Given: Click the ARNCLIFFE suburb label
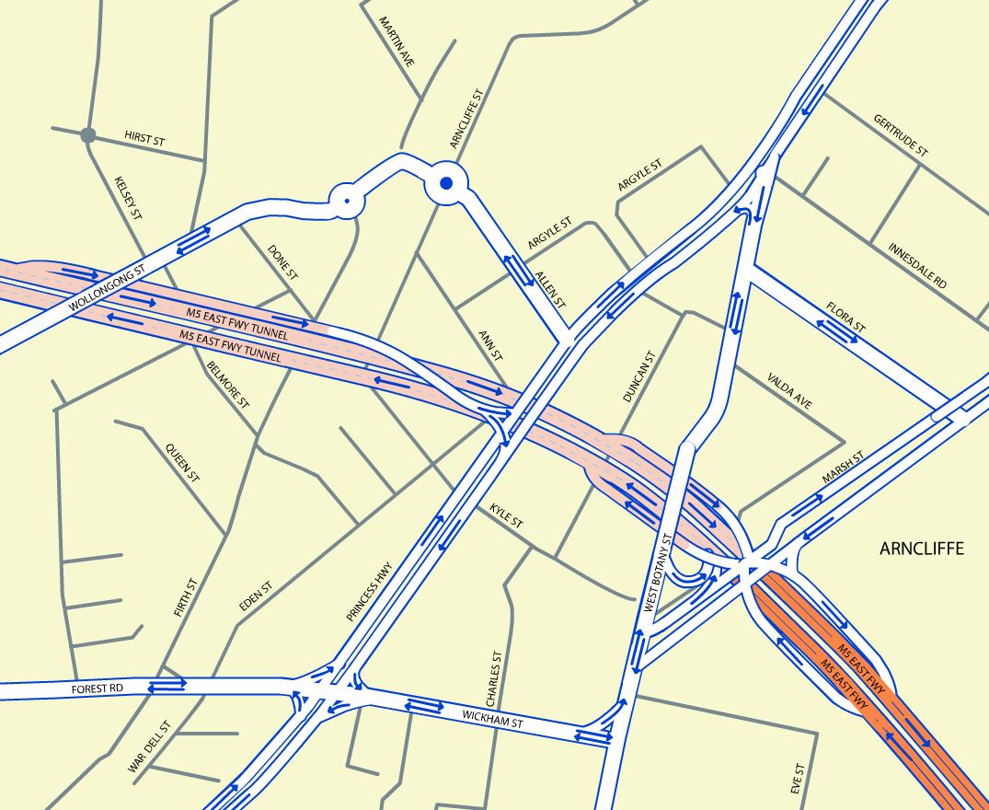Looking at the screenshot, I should (921, 549).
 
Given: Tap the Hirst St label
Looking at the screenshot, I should (144, 139).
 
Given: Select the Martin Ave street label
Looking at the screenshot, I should (397, 40).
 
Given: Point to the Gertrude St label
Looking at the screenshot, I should (901, 135).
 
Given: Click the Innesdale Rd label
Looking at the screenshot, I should (917, 265).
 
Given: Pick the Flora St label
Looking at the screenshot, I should (845, 315).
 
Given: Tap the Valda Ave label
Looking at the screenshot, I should (789, 390).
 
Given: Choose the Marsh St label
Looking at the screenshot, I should (844, 468).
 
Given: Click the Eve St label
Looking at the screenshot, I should (798, 779).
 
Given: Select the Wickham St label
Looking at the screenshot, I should (492, 719).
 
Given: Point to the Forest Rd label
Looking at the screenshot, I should (97, 688).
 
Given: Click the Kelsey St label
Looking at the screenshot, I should (128, 199).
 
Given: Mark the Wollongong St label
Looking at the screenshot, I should (108, 288).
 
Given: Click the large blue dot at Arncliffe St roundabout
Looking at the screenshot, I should (446, 184).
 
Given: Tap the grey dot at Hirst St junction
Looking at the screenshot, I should (88, 135).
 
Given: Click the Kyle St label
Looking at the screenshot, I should (506, 515).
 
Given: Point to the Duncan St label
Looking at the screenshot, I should (638, 377).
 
